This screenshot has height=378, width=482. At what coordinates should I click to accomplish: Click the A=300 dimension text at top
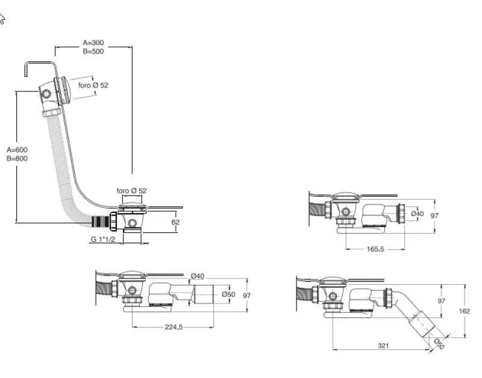[x=93, y=43]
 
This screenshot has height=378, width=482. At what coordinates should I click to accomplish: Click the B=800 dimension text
[x=17, y=158]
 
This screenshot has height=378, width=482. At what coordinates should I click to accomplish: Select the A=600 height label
[x=17, y=150]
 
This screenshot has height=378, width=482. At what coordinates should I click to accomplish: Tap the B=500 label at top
[x=93, y=51]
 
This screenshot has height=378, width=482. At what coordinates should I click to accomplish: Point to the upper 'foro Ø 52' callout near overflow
[x=93, y=85]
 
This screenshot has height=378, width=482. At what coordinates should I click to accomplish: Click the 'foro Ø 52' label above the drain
[x=131, y=190]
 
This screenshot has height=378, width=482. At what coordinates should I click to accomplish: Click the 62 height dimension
[x=176, y=222]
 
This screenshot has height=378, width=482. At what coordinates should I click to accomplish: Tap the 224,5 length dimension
[x=173, y=327]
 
